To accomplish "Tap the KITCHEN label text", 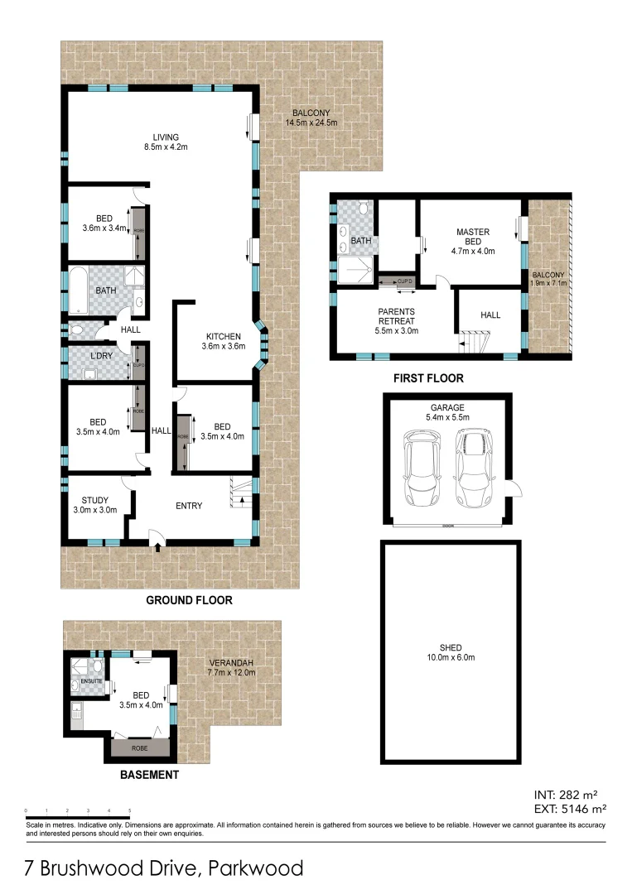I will (x=224, y=337).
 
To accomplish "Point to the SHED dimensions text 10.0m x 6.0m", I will (x=451, y=658).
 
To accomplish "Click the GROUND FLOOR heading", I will (x=189, y=600).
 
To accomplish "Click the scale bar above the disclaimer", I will (x=78, y=815).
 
